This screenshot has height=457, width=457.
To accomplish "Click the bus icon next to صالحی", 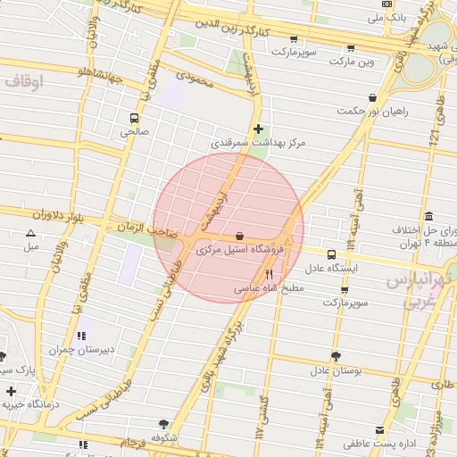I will click(135, 117).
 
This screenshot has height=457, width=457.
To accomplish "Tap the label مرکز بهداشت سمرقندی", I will click(258, 143).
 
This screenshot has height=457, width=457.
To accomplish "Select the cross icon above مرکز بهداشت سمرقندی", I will click(259, 129).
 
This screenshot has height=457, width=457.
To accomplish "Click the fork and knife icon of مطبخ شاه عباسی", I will click(270, 275).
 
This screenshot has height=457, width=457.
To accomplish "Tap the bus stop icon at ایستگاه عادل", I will click(332, 254).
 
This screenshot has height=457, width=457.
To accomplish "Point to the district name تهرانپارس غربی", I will click(419, 292).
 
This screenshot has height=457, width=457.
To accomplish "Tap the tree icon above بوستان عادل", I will click(335, 356).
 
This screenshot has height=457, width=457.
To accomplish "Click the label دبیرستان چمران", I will click(81, 350).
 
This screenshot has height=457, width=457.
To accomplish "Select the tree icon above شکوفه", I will click(163, 424).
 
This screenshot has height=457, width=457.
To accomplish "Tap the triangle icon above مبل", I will click(31, 233).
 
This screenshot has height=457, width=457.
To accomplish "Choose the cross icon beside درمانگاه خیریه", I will click(11, 391).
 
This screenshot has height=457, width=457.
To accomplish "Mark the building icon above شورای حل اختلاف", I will click(429, 216).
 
